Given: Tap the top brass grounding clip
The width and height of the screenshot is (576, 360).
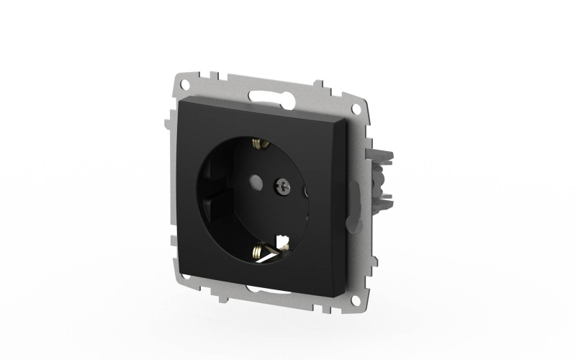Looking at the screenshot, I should [256, 145].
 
